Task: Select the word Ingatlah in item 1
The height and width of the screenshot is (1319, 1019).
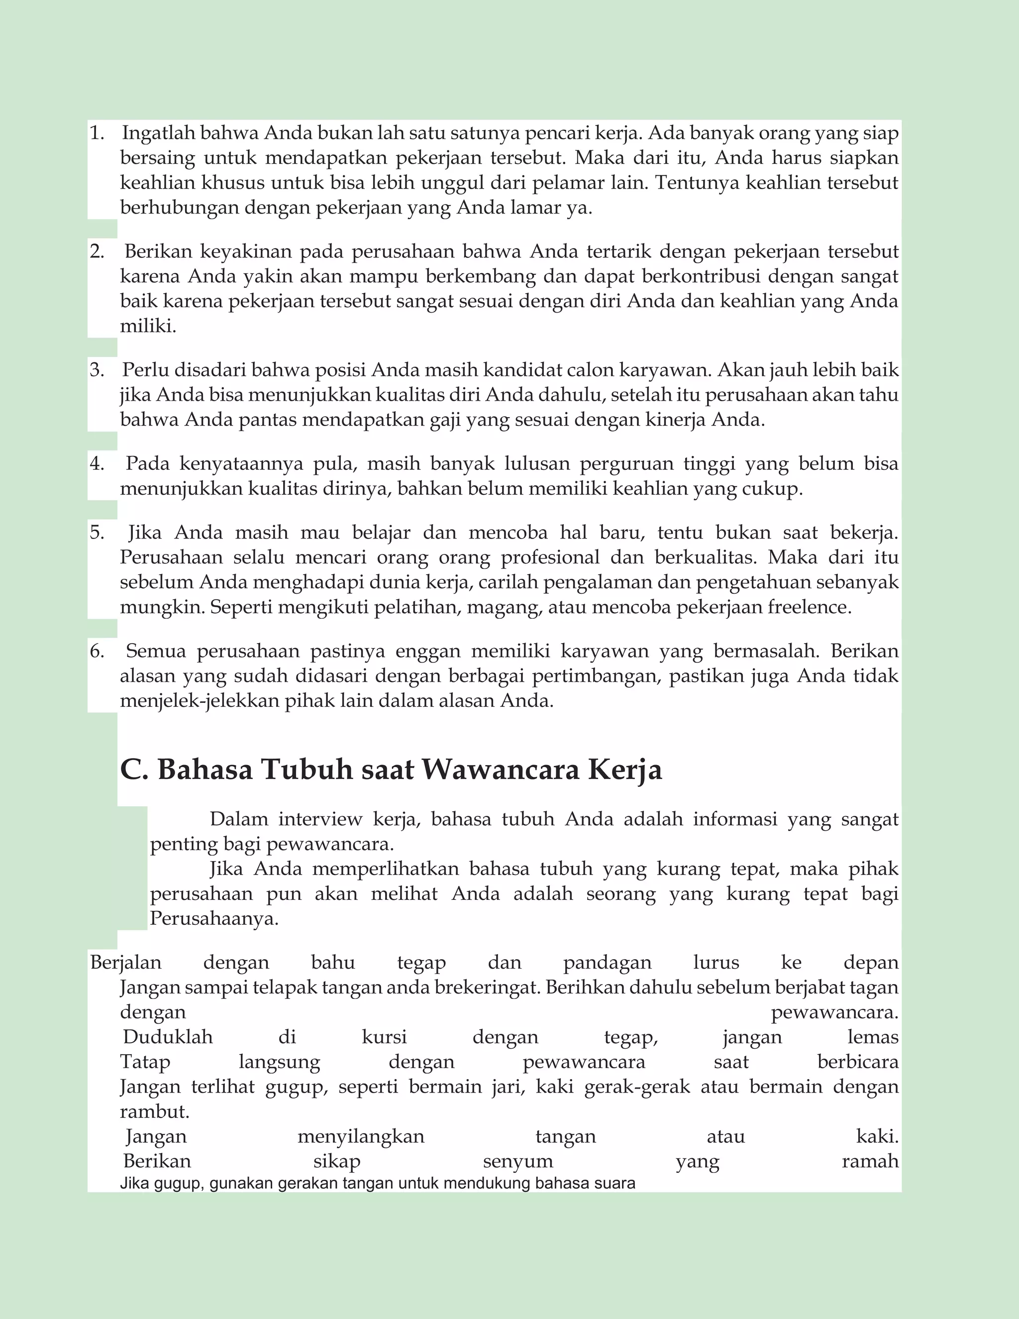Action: [158, 133]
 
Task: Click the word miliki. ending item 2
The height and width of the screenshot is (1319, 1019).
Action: [148, 326]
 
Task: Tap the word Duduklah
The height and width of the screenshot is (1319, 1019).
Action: [168, 1037]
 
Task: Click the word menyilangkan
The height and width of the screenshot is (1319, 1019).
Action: [361, 1136]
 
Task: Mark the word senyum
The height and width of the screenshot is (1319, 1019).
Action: [518, 1161]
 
